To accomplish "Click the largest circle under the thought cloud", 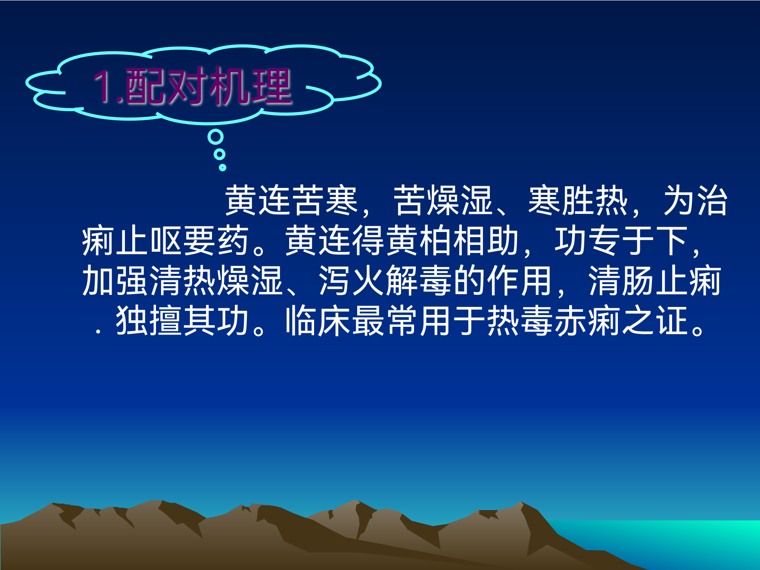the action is coord(215,137).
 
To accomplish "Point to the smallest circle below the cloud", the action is coord(222,167).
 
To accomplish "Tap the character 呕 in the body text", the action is coord(166,241).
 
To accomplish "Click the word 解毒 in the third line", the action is coord(419,281).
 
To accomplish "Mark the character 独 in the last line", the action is coord(132,321).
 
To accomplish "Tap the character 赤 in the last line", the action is coord(570,321).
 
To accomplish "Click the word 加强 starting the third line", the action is coord(115,281).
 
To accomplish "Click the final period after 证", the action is coord(698,330).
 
